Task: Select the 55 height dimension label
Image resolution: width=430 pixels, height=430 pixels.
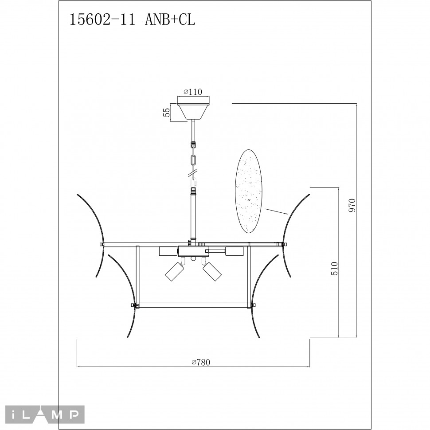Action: coord(167,112)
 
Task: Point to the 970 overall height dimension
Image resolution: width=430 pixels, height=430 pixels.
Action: coord(352,206)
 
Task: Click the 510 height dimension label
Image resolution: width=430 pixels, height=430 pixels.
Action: coord(334,269)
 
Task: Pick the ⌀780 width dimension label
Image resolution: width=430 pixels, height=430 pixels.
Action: coord(200,362)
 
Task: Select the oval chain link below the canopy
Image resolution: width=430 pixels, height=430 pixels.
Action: coord(193,160)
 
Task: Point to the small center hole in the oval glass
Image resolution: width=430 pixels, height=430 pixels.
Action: coord(249,200)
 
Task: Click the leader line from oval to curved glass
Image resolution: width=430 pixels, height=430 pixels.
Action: coord(277,212)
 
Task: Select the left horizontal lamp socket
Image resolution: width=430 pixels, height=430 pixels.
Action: coord(168,251)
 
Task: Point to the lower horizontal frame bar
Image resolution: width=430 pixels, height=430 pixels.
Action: coord(193,305)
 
